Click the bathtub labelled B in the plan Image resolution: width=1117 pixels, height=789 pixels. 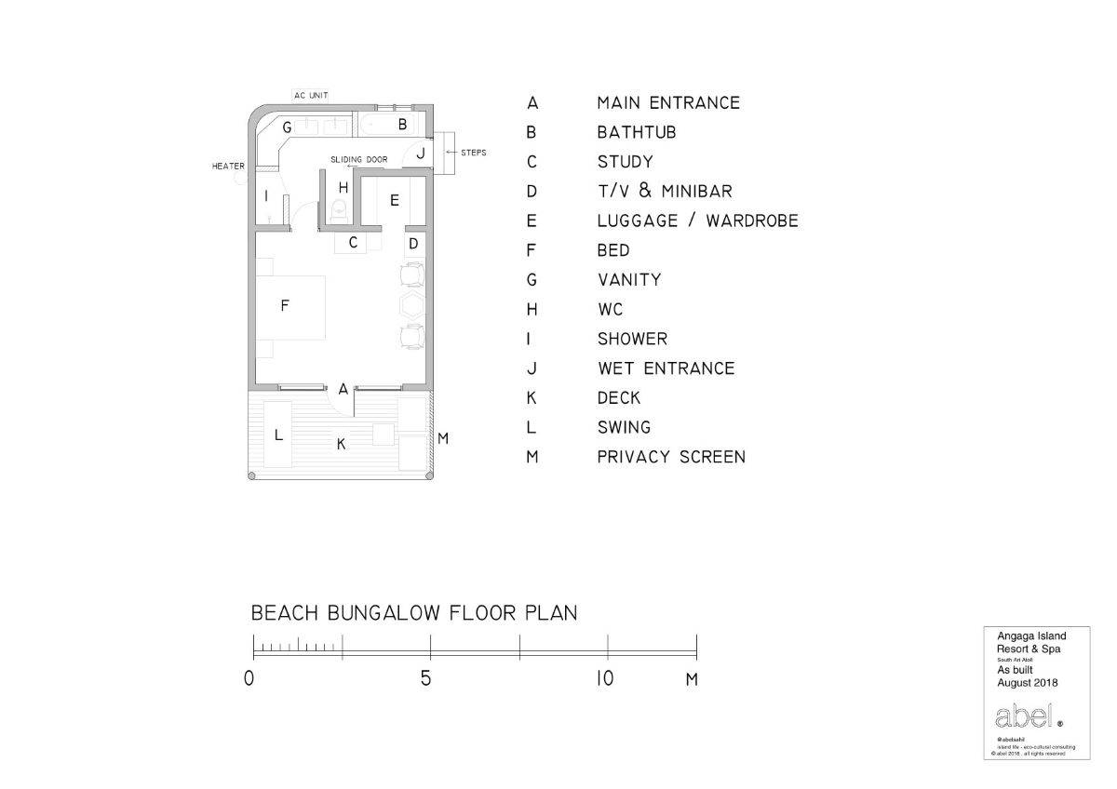(x=391, y=124)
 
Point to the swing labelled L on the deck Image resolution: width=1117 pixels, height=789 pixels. (x=277, y=435)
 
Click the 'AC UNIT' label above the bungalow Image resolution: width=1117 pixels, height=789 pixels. (x=311, y=96)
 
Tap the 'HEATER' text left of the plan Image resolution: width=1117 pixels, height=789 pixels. (x=228, y=167)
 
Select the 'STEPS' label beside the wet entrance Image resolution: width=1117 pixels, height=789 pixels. (x=473, y=153)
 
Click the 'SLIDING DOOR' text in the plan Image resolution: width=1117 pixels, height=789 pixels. (x=358, y=160)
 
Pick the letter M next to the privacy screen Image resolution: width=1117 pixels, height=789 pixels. (x=443, y=438)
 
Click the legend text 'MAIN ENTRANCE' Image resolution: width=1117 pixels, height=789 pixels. (x=668, y=102)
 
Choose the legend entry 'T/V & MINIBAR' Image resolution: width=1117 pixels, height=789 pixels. (x=665, y=192)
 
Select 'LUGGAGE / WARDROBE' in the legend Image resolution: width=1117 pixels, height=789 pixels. (x=697, y=221)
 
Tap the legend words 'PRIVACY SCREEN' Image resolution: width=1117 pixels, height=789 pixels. (x=671, y=457)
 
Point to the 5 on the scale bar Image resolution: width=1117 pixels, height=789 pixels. (x=426, y=678)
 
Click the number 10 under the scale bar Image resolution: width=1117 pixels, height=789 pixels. (x=605, y=678)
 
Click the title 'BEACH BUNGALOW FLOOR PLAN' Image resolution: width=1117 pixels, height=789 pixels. (x=414, y=613)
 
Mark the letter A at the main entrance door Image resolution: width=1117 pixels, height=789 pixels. (x=343, y=389)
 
